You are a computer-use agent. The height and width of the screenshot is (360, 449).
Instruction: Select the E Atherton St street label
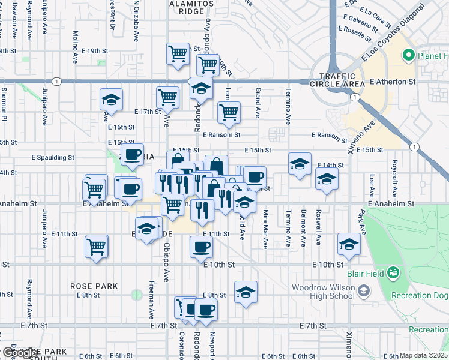pos(393,81)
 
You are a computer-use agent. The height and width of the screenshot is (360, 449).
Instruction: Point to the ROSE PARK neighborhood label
pos(93,286)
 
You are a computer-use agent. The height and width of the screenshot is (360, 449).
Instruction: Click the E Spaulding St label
pos(53,158)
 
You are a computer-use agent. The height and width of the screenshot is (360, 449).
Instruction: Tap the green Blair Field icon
pos(393,274)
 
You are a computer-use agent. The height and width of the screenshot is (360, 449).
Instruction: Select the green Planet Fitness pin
pos(409,56)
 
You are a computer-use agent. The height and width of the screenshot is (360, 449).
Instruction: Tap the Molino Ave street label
pos(76,42)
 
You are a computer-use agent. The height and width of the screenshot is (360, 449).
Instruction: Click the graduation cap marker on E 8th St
pos(245,292)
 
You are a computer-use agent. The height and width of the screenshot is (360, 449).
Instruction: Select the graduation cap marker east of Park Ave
pos(348,243)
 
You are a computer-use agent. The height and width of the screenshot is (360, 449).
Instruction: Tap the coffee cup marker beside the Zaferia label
pos(132,155)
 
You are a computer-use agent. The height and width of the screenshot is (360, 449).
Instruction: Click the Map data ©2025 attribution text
pos(424,355)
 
